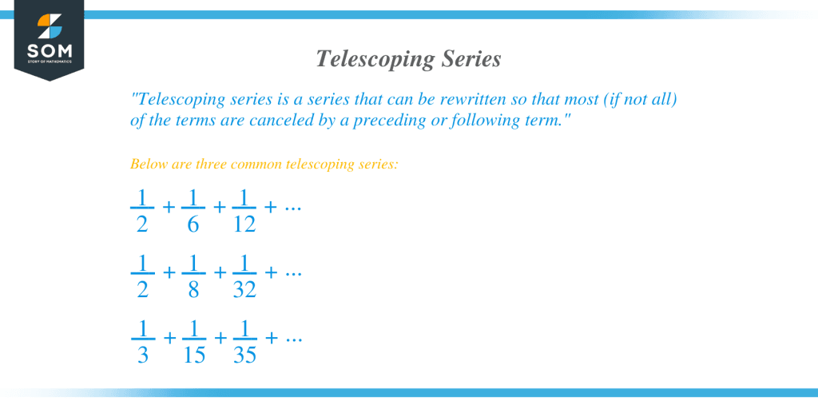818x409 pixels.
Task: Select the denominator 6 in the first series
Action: coord(193,224)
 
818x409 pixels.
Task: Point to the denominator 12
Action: coord(244,224)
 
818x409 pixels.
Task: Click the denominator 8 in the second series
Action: coord(193,289)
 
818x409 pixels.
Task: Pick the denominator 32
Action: coord(244,289)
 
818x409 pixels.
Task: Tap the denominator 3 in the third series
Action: coord(143,355)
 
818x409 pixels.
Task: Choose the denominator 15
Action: coord(194,355)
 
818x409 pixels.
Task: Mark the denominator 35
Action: coord(244,355)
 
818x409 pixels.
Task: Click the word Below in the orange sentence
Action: coord(146,165)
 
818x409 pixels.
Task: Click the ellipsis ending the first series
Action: coord(293,208)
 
